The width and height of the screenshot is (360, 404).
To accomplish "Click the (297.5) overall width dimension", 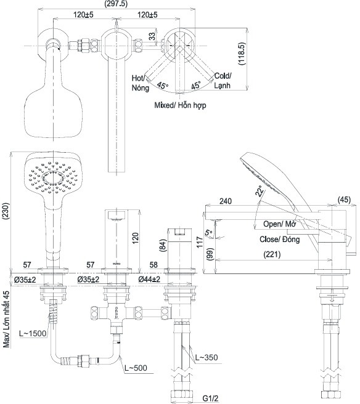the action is pyautogui.click(x=116, y=4).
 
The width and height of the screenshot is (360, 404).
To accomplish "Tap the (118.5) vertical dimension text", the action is pyautogui.click(x=242, y=54).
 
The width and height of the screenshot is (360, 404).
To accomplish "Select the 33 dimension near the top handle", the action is pyautogui.click(x=153, y=36).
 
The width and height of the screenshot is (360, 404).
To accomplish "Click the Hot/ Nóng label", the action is pyautogui.click(x=141, y=83).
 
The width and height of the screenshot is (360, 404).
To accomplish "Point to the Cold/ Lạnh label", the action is pyautogui.click(x=223, y=81).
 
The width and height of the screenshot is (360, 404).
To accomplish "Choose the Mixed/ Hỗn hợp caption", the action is pyautogui.click(x=180, y=105).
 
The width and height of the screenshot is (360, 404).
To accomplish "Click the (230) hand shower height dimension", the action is pyautogui.click(x=6, y=211).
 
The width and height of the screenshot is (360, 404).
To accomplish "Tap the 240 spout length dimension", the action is pyautogui.click(x=226, y=201).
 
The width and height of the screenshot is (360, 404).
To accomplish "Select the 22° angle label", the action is pyautogui.click(x=260, y=191).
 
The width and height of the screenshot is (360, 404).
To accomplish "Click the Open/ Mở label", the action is pyautogui.click(x=279, y=224).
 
